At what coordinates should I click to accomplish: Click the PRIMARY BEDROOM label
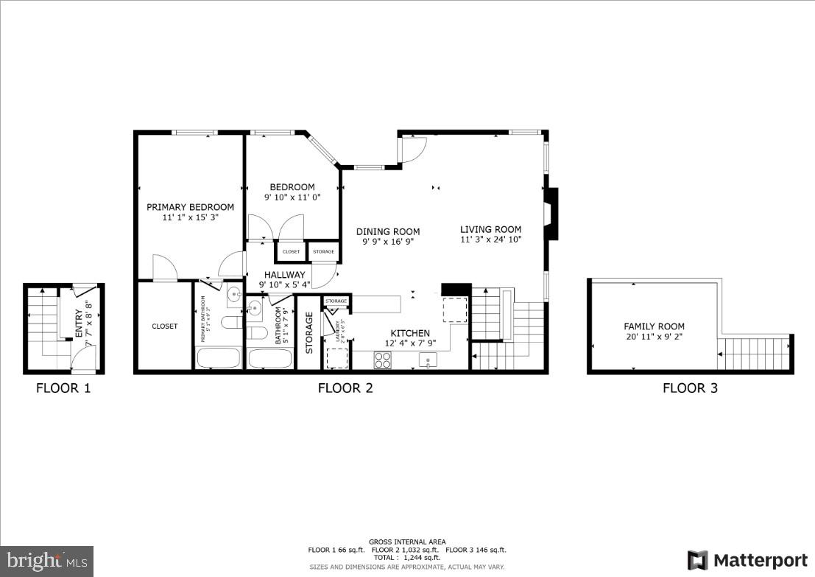click(190, 207)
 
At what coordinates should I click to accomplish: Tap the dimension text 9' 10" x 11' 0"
click(292, 197)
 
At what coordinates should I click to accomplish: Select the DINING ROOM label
click(387, 231)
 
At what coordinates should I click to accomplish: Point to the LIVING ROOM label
click(491, 229)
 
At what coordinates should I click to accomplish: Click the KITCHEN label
click(410, 333)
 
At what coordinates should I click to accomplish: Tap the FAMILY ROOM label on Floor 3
click(654, 326)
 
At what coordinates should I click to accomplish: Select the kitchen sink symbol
click(428, 360)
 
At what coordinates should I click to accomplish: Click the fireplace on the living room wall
click(550, 214)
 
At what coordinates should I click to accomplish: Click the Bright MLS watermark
click(46, 561)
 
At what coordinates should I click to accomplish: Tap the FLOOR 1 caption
click(63, 388)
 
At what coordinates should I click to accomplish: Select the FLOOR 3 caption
click(690, 388)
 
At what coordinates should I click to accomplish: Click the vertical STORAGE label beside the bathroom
click(309, 333)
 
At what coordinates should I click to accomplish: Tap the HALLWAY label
click(284, 275)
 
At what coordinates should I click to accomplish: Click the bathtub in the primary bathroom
click(219, 358)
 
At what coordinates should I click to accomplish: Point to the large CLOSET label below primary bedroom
click(165, 326)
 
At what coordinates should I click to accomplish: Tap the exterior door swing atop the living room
click(412, 150)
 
